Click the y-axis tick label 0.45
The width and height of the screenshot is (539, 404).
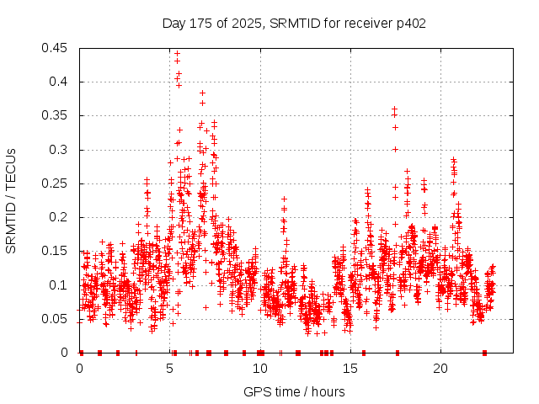[x=56, y=48]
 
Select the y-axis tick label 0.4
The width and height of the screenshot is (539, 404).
[x=60, y=82]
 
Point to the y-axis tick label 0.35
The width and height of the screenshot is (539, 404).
[x=56, y=115]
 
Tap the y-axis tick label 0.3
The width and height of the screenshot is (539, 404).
[x=60, y=150]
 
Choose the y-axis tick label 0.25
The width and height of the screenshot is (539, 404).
[x=56, y=183]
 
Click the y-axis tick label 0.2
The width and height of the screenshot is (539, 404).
[x=60, y=217]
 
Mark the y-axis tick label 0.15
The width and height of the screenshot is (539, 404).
[x=56, y=251]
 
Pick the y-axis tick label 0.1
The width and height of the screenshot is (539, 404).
[x=60, y=284]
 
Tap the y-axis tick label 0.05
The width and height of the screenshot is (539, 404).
[x=56, y=319]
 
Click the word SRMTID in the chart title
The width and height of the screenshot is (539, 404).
[x=294, y=23]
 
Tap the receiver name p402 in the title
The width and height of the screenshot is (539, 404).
[x=410, y=23]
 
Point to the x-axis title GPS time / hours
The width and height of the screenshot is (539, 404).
[x=294, y=391]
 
